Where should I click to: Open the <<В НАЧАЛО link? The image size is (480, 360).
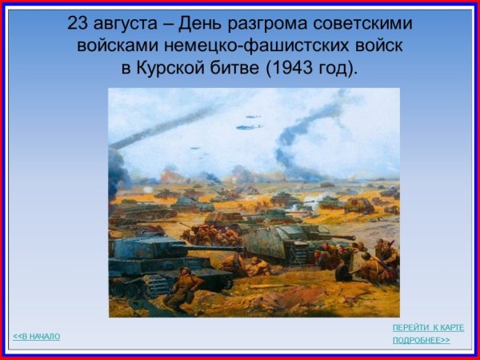[x=37, y=336]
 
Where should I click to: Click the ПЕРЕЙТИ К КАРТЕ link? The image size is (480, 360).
[x=427, y=328]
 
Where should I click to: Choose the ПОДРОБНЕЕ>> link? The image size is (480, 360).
[x=421, y=341]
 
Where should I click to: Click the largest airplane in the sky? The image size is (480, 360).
[x=248, y=126]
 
